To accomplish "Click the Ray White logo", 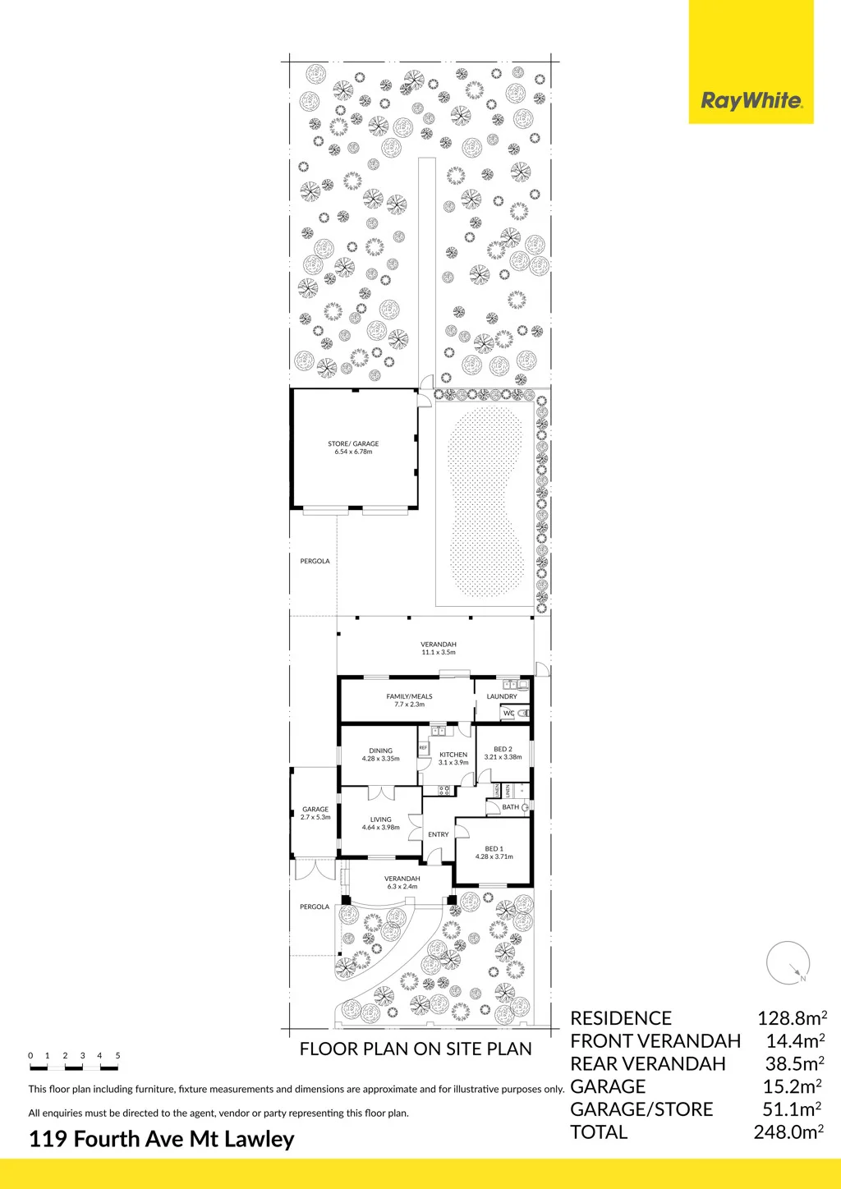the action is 751,62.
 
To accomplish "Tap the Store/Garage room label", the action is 353,448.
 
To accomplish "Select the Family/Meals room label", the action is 409,700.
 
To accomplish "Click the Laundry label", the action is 502,696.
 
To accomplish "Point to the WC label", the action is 508,713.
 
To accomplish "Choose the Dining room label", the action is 381,755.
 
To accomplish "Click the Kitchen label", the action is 453,758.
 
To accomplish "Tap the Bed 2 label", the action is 503,753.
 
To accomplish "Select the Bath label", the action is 511,807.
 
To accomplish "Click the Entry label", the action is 439,834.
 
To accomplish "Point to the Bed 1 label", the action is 494,852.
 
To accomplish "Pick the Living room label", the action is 381,824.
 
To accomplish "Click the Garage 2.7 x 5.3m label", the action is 315,813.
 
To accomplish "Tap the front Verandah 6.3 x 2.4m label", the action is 402,882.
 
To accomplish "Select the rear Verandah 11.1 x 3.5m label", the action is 439,648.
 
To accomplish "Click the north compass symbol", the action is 788,963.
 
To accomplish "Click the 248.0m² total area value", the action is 789,1132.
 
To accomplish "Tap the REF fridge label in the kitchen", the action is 423,747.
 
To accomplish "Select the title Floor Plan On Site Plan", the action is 416,1049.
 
